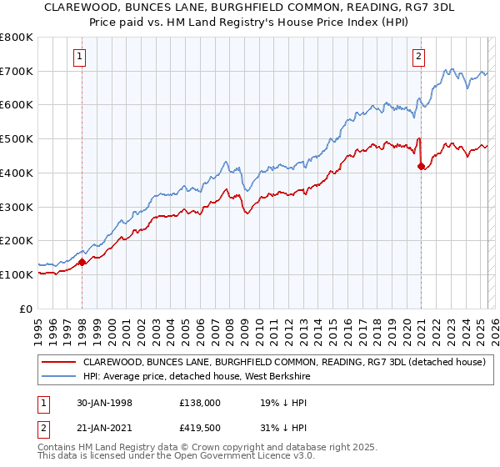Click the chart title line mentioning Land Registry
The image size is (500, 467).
click(250, 23)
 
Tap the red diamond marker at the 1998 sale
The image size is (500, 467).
click(82, 262)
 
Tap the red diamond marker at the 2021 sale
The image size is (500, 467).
click(421, 166)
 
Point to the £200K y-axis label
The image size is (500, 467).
click(17, 241)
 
